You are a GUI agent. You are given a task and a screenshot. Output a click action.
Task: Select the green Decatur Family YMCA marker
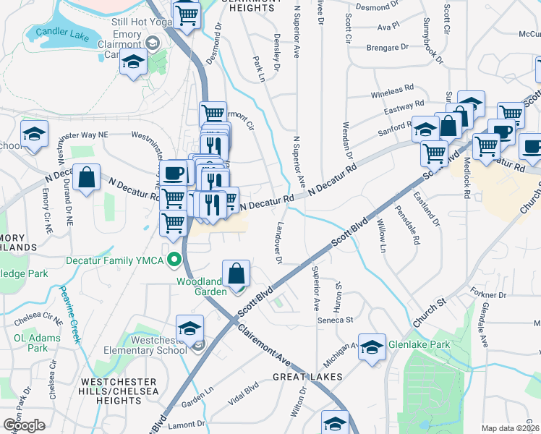click(x=174, y=258)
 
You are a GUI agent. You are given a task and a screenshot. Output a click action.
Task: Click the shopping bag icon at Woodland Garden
click(x=237, y=274)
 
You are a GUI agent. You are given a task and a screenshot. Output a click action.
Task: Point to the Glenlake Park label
click(x=419, y=344)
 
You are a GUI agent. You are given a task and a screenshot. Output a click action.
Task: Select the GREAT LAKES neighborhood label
click(x=302, y=378)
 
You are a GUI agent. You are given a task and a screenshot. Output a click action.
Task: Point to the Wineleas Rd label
click(x=391, y=93)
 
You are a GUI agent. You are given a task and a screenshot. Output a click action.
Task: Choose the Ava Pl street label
click(x=388, y=25)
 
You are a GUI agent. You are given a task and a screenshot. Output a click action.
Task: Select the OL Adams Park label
click(x=30, y=342)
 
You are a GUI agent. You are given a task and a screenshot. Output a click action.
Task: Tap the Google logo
click(x=24, y=425)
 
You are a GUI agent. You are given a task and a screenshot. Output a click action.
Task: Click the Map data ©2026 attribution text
click(x=510, y=428)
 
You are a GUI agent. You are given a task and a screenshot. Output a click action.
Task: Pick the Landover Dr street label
click(x=277, y=243)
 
